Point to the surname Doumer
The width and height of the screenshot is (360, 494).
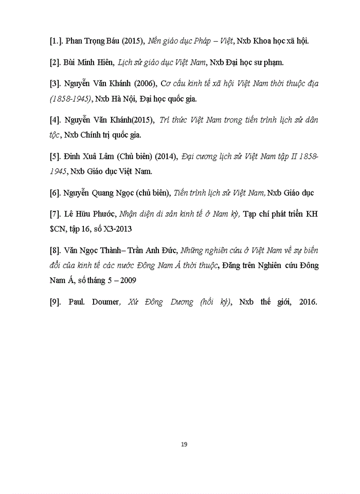(104, 302)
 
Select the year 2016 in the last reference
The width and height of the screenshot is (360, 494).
(305, 302)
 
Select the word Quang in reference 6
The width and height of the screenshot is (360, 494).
(105, 192)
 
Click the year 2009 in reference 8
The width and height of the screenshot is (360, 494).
(125, 280)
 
